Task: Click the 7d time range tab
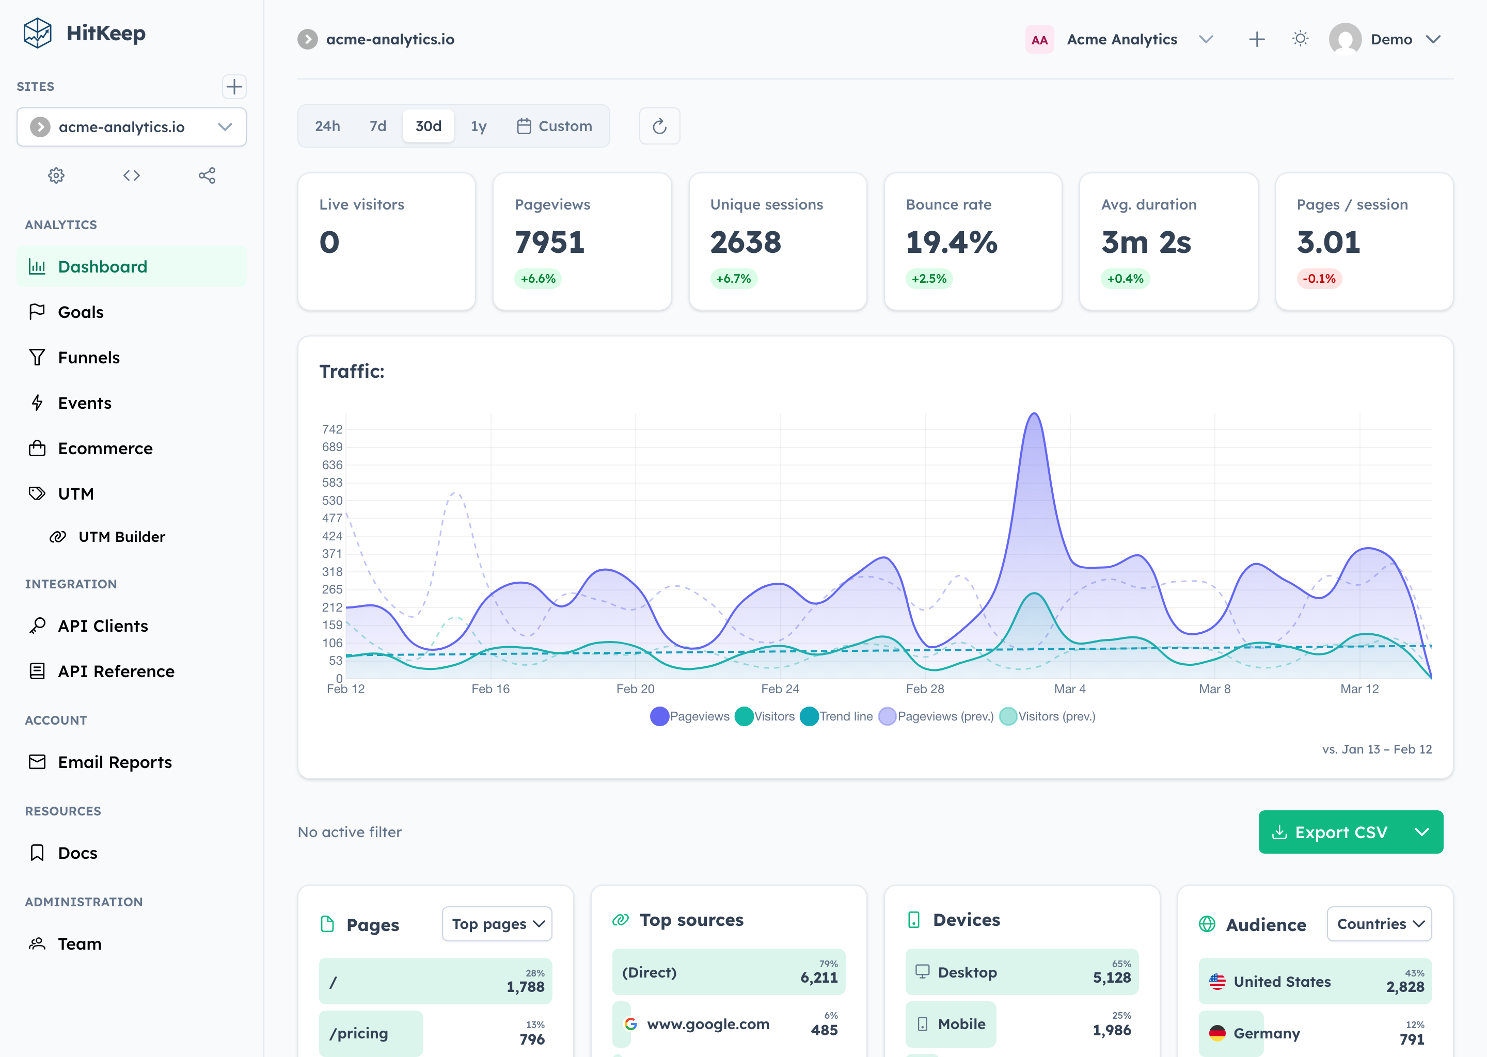(377, 126)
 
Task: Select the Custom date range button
(555, 126)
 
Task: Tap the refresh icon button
(659, 126)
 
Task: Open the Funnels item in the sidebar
(88, 357)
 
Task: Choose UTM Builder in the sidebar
(121, 537)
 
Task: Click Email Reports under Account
(115, 762)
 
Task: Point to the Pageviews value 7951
(549, 242)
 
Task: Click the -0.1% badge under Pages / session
(1318, 279)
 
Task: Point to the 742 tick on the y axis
(332, 429)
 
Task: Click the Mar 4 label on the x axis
(1070, 688)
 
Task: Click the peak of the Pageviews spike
(1034, 414)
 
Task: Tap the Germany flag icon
(1217, 1033)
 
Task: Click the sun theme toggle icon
(1300, 39)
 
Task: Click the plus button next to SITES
(234, 87)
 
